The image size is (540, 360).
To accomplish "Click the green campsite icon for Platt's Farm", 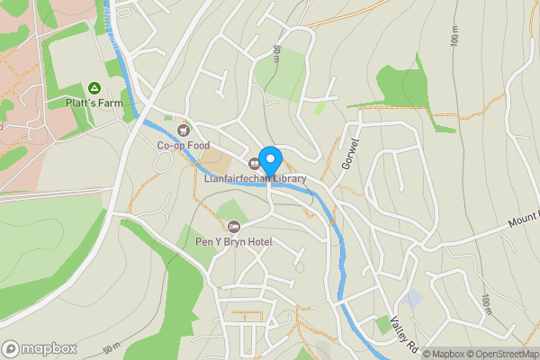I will (x=94, y=88).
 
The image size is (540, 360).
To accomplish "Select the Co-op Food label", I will (x=184, y=145).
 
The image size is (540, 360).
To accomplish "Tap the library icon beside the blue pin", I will (x=255, y=163).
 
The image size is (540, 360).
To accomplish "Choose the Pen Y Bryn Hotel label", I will (x=234, y=242).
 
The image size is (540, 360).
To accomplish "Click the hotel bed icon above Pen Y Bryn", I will (x=235, y=227).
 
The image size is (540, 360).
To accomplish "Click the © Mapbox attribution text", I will (x=444, y=353).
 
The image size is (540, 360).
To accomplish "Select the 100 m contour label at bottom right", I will (x=487, y=304).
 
